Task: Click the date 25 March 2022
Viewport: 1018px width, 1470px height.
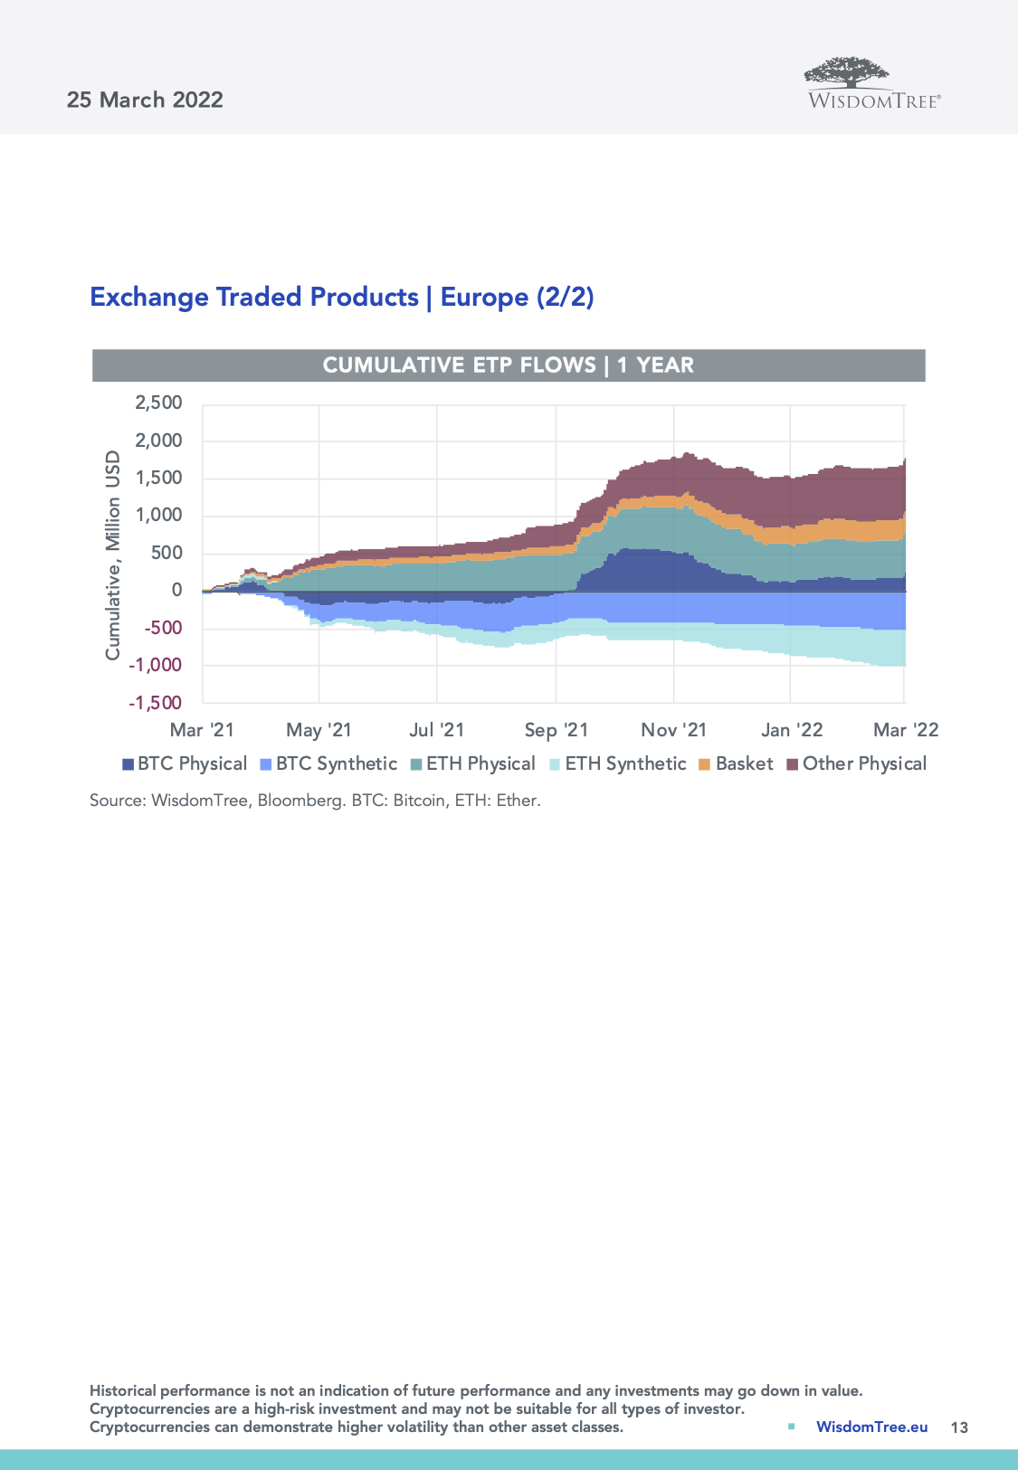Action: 145,100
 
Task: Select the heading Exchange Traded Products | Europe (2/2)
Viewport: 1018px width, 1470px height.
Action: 342,297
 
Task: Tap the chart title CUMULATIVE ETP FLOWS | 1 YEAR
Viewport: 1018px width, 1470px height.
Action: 509,365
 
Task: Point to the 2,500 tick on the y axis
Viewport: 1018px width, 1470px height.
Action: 158,403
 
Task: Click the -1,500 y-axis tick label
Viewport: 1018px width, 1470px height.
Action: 156,703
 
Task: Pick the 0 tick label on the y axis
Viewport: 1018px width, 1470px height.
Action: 176,590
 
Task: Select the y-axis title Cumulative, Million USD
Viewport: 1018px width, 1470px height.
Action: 112,555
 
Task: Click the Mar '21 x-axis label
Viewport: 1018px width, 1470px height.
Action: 202,730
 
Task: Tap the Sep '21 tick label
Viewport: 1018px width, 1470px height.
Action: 556,730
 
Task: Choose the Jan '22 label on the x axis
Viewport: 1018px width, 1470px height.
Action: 792,730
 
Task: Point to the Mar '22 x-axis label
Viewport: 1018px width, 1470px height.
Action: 906,730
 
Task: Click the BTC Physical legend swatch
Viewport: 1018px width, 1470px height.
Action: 128,764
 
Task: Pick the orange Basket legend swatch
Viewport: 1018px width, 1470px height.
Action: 705,764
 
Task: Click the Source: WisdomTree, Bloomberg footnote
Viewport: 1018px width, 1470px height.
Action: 315,801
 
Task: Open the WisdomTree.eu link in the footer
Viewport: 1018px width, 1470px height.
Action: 871,1427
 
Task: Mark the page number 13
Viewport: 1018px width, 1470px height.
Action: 959,1427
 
